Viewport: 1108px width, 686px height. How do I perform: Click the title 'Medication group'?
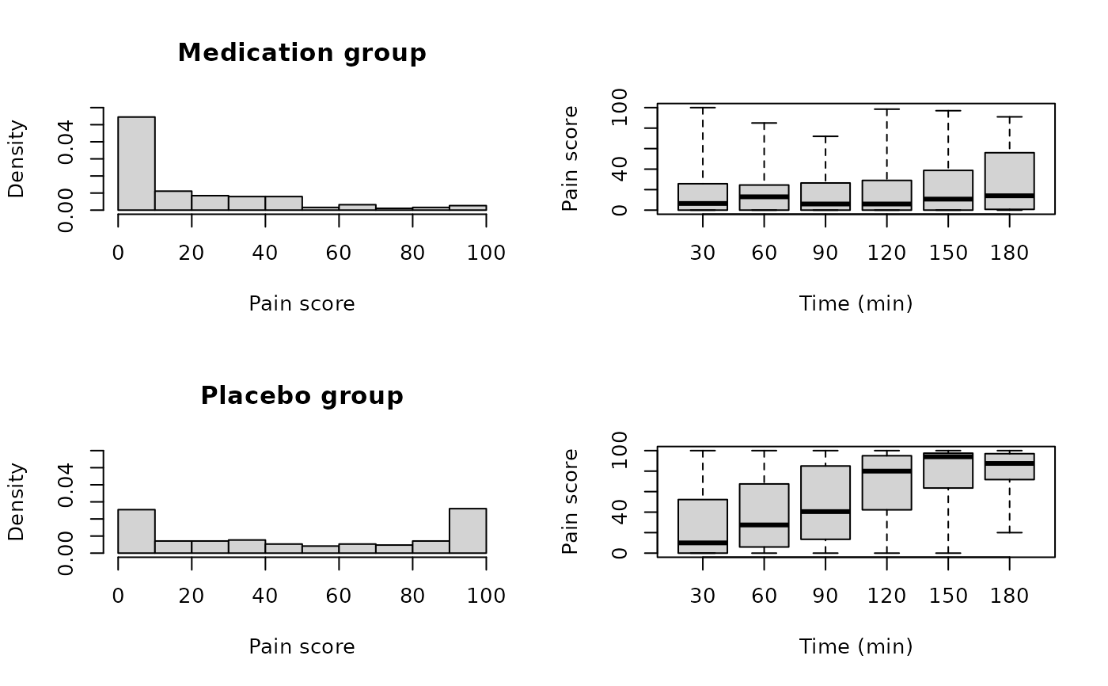pos(302,53)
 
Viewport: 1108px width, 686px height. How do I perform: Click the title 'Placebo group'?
pos(302,395)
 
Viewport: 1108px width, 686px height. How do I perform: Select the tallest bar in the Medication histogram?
pos(136,163)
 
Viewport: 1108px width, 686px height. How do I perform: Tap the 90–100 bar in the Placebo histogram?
pos(467,531)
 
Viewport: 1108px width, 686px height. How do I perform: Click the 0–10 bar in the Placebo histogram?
pos(136,531)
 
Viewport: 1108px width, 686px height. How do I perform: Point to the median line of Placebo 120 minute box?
pos(886,471)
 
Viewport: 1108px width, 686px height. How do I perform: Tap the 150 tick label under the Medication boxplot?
pos(948,253)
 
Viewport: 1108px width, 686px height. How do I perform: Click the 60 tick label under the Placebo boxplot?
pos(764,596)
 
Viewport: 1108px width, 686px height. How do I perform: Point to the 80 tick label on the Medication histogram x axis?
pos(412,253)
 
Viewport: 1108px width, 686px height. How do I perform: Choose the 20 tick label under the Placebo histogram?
pos(192,596)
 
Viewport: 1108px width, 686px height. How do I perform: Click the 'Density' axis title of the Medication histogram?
pos(17,158)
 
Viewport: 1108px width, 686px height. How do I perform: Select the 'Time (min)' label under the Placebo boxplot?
pos(856,646)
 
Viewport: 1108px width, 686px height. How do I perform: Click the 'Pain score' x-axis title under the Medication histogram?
pos(302,304)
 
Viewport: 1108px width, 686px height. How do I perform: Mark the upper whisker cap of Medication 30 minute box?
pos(702,107)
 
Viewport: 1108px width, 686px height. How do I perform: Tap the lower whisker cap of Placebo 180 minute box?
pos(1009,532)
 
